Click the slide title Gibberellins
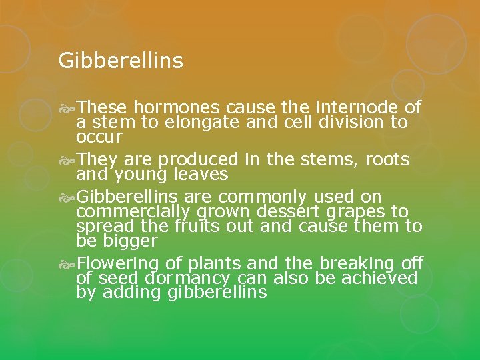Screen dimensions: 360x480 pyautogui.click(x=120, y=61)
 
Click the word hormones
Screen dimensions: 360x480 pyautogui.click(x=177, y=108)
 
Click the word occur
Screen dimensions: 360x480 pyautogui.click(x=99, y=138)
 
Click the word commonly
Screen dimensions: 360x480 pyautogui.click(x=263, y=197)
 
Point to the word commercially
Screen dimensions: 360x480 pyautogui.click(x=133, y=211)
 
